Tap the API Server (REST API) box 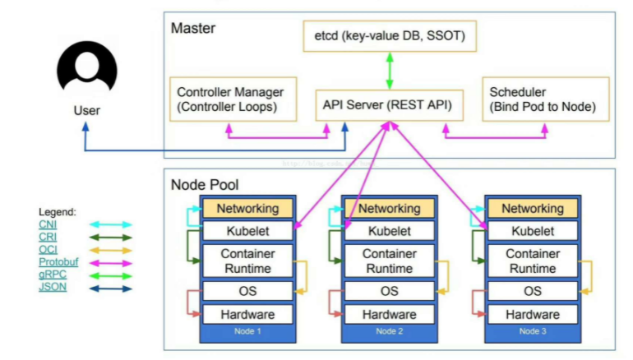[389, 104]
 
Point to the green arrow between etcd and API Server [389, 71]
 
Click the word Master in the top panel [192, 29]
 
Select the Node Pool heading [204, 184]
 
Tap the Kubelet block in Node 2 [389, 232]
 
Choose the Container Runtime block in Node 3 [532, 261]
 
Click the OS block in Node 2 [389, 291]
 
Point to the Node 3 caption [532, 331]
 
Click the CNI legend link [47, 224]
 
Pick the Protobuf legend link [55, 261]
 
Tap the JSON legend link [51, 287]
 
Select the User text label [86, 109]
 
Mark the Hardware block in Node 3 [532, 314]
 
